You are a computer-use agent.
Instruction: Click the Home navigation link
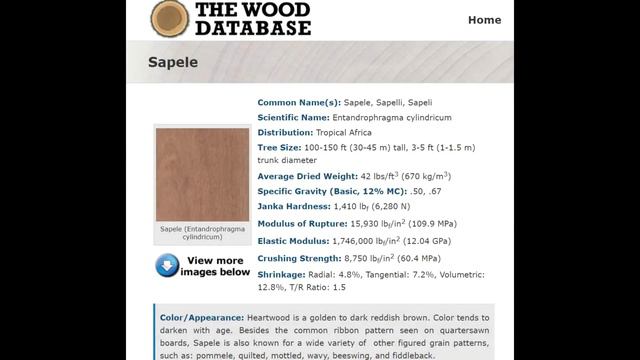(x=484, y=19)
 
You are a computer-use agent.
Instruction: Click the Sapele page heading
(x=173, y=62)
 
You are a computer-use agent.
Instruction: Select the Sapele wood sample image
(x=202, y=174)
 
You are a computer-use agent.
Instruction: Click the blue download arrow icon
(x=167, y=265)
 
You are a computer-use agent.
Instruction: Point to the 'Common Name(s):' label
(x=299, y=102)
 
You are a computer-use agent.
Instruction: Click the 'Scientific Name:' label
(x=293, y=117)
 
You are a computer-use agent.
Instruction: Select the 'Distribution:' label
(x=285, y=132)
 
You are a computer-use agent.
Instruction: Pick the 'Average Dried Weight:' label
(x=307, y=176)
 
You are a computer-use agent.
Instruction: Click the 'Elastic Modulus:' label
(x=293, y=241)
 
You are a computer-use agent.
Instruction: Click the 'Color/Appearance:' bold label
(x=202, y=318)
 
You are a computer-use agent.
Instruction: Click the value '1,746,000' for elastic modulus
(x=354, y=241)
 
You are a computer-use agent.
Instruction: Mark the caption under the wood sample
(x=202, y=233)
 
